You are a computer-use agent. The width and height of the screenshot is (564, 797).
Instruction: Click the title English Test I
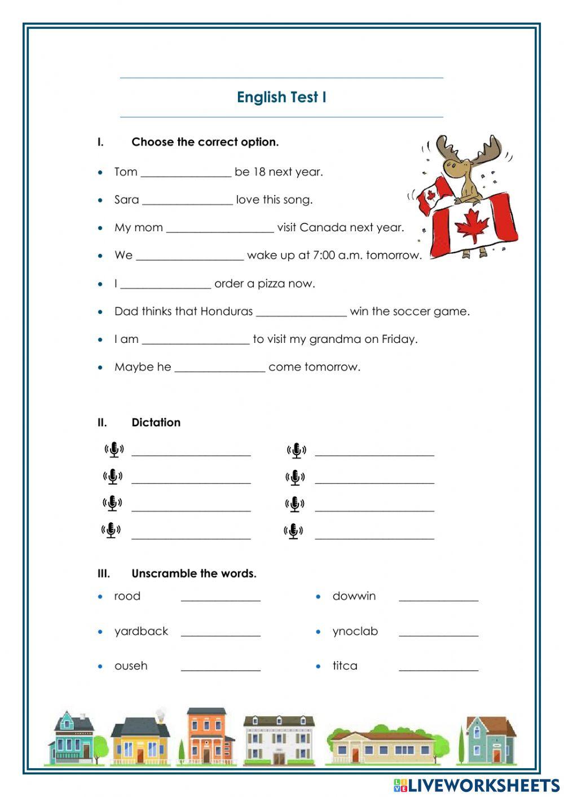point(281,97)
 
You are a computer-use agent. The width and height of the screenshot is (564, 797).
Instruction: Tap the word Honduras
point(226,311)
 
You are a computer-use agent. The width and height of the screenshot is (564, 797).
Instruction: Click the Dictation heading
point(156,422)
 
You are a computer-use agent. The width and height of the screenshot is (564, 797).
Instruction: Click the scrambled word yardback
point(141,631)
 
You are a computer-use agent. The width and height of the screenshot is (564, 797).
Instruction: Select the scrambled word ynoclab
point(355,631)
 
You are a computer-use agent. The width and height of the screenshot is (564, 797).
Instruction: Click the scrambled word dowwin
point(354,596)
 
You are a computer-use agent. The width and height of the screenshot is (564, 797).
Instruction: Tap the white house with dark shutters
point(279,741)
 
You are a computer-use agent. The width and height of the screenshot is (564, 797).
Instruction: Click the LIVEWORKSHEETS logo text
point(483,785)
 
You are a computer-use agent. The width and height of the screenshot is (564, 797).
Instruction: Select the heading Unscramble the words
point(193,574)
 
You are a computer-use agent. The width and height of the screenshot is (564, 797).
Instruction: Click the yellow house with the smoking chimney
point(140,739)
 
